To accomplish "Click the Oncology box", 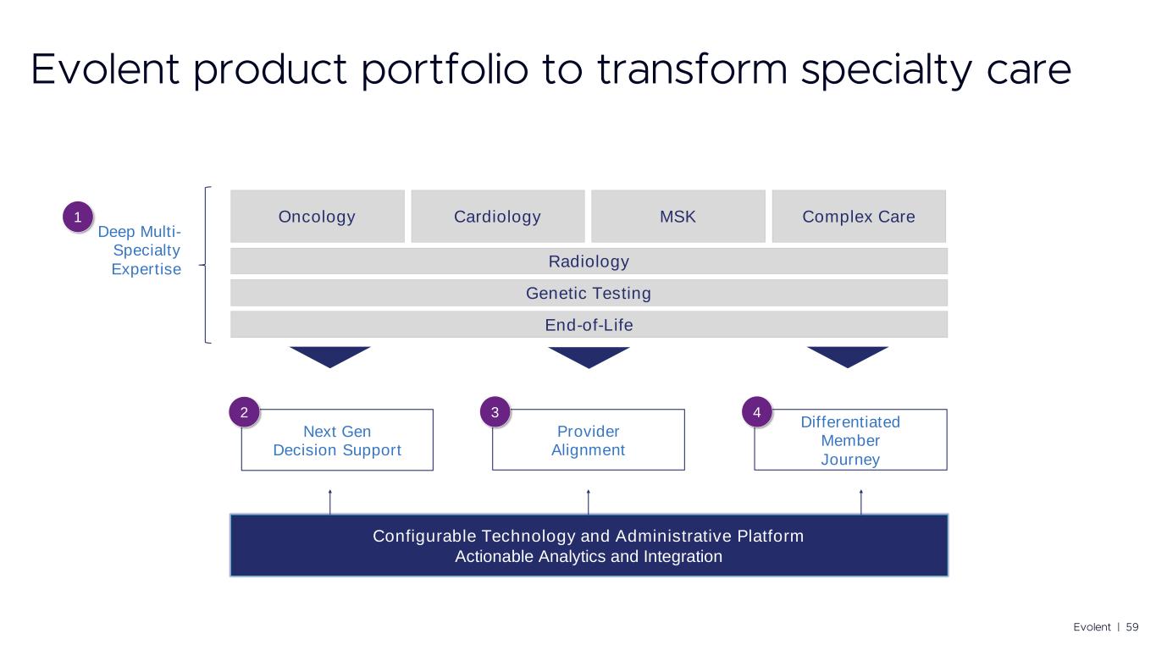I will [x=317, y=217].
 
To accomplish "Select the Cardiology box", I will [x=497, y=217].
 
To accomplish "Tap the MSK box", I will [x=678, y=217].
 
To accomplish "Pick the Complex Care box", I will [x=858, y=217].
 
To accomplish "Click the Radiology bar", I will [x=589, y=262].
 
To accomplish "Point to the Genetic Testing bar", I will [x=589, y=294].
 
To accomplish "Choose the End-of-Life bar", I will [x=589, y=325].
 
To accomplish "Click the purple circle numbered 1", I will [x=77, y=218].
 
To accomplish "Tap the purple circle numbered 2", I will [x=244, y=413].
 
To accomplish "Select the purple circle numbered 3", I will [x=495, y=413].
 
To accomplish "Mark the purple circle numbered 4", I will [x=756, y=413].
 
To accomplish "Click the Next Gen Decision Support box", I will [x=337, y=441].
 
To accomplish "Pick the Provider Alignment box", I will [x=588, y=441].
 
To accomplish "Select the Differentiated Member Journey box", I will [x=850, y=441].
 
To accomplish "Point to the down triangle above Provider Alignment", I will [x=589, y=356].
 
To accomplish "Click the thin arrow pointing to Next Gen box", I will [x=330, y=502].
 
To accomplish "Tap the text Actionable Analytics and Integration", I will [x=589, y=557].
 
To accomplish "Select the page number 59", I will [x=1132, y=627].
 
